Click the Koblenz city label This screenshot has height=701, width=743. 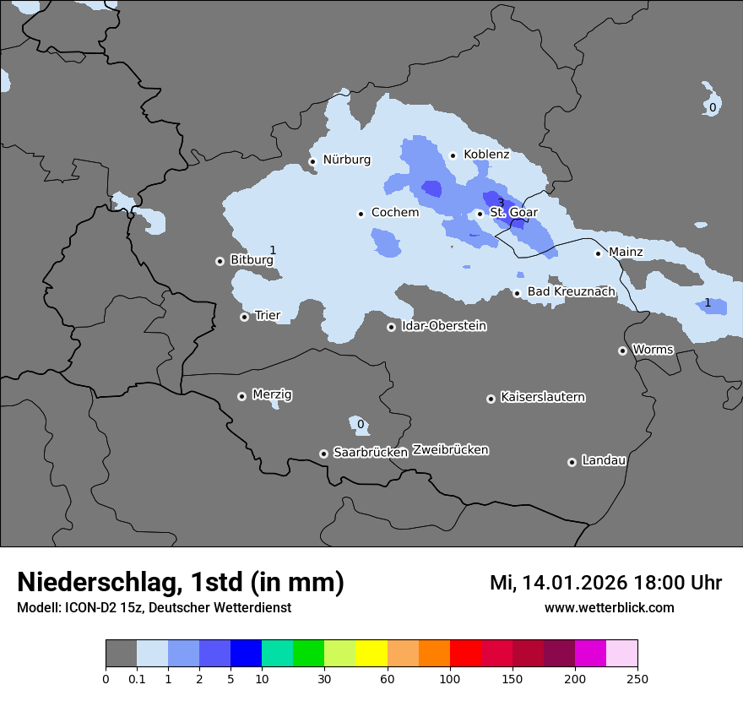pos(486,155)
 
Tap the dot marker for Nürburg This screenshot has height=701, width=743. pos(312,161)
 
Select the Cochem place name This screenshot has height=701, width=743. pos(394,213)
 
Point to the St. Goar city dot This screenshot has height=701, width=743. pos(480,214)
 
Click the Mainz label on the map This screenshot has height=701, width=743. pos(626,252)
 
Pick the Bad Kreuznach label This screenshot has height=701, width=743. pos(571,292)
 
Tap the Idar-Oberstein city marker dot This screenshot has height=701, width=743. pos(392,327)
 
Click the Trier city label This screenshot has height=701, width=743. pos(268,316)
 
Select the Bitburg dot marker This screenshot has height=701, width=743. pos(220,261)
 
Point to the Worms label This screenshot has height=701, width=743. pos(653,350)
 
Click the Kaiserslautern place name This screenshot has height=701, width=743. pos(542,397)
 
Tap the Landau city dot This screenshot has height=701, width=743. pos(572,462)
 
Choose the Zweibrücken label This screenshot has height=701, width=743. pos(450,450)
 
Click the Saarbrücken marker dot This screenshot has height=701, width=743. pos(323,454)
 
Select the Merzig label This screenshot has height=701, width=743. pos(273,395)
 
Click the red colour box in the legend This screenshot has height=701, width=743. pos(465,654)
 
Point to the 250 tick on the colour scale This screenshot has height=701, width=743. pos(637,678)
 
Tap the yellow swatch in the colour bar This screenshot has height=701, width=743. pos(371,654)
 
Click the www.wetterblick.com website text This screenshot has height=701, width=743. pos(609,607)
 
